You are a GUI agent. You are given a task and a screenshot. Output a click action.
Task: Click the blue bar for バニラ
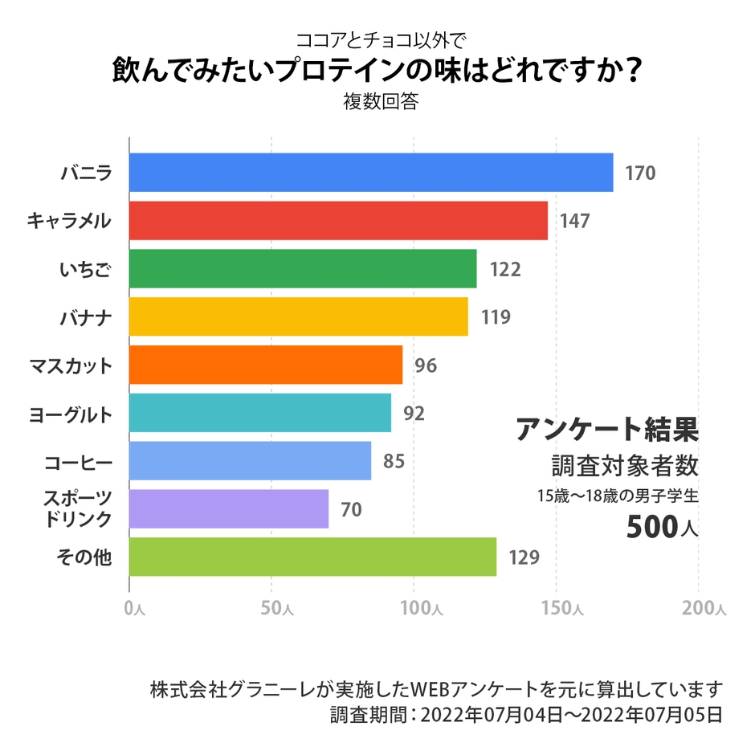tap(370, 173)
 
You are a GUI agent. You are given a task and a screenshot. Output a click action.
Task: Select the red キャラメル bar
tap(338, 221)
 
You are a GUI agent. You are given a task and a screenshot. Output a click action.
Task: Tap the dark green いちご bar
tap(303, 269)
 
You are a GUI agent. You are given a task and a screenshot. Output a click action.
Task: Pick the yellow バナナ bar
tap(298, 316)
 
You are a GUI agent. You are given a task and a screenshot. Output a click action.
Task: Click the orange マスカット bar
tap(266, 365)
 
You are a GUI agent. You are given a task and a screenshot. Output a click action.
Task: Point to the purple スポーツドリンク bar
tap(229, 508)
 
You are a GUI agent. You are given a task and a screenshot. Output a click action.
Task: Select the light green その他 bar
tap(312, 557)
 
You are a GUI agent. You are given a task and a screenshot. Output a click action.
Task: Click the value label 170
tap(640, 173)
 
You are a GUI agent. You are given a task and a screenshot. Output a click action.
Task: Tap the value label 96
tap(426, 365)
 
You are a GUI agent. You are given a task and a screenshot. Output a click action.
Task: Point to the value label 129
tap(524, 557)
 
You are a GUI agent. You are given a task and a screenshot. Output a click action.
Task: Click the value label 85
tap(394, 462)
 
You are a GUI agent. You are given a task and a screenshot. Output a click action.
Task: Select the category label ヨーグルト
tap(71, 414)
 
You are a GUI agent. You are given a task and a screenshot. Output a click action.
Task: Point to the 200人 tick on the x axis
tap(704, 609)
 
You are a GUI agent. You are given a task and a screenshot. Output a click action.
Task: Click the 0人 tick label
tap(134, 609)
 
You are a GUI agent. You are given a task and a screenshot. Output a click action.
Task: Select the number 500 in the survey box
tap(651, 526)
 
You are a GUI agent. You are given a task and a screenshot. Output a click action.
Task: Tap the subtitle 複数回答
tap(377, 103)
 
